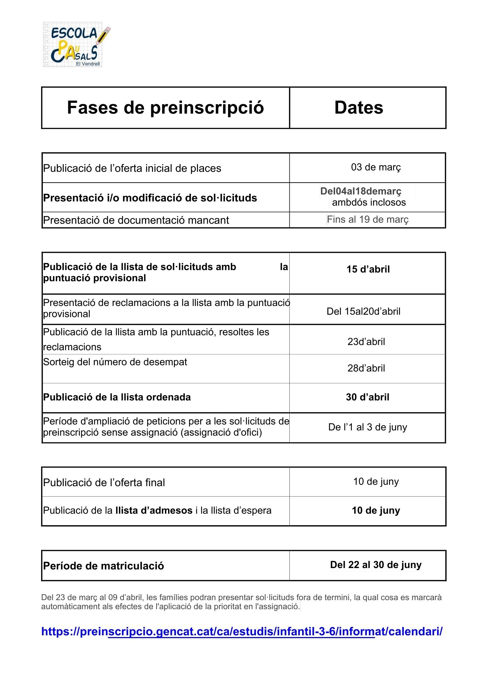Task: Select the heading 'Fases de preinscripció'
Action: pos(165,107)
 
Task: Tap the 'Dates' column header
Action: pos(359,107)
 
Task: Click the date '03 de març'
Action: pos(376,167)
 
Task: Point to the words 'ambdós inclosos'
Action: pos(369,202)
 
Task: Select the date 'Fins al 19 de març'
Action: pos(367,220)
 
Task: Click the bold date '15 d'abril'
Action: pos(368,269)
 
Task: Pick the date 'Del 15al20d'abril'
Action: pos(363,311)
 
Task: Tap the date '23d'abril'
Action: pos(366,342)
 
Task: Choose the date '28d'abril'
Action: pos(366,368)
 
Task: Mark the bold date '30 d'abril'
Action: pos(367,397)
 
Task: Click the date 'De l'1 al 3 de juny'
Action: pos(367,427)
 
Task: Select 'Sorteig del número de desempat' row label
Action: pos(115,362)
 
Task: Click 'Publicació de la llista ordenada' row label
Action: pos(117,397)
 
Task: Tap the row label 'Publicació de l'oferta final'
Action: pos(104,483)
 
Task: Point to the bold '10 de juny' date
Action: pos(376,511)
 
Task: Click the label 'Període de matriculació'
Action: pos(104,566)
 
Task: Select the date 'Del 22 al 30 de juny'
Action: pos(376,565)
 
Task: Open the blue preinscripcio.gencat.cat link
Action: pos(242,631)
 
